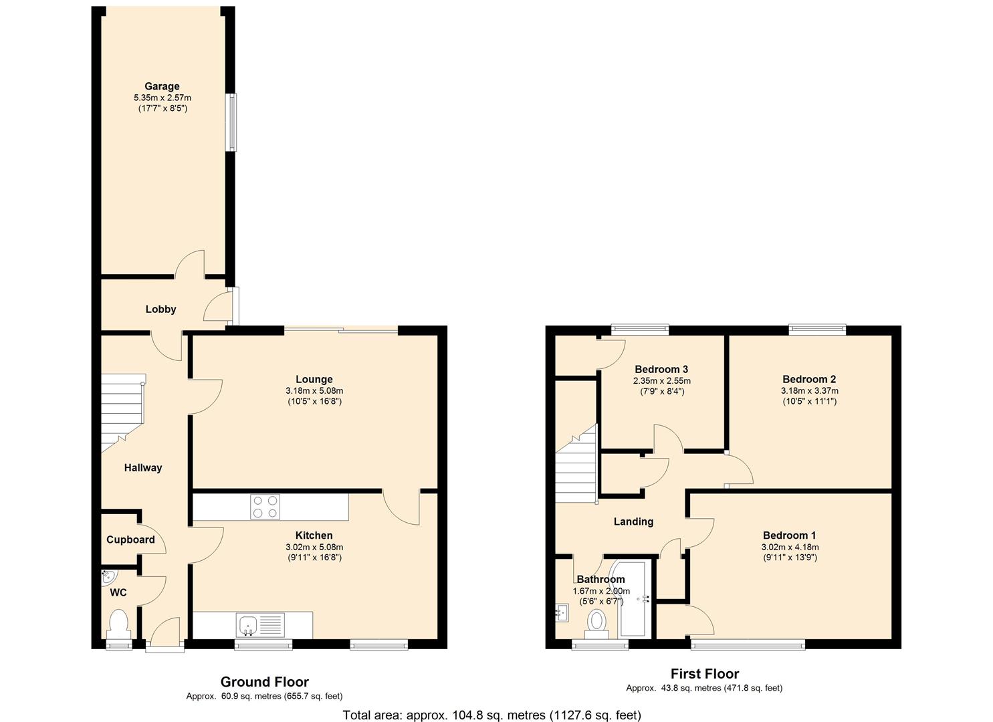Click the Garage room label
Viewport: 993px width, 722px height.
click(162, 86)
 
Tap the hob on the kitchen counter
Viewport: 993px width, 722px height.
click(265, 506)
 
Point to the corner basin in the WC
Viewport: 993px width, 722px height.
click(108, 577)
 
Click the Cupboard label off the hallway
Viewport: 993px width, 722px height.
click(130, 539)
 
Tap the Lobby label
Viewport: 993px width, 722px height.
click(160, 309)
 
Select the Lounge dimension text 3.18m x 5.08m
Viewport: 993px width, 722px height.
click(314, 390)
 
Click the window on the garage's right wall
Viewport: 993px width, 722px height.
click(231, 122)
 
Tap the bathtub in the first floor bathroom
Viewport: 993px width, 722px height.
click(631, 598)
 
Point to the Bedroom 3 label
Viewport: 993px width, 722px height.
click(661, 369)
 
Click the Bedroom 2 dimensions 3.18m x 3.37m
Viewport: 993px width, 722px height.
click(809, 390)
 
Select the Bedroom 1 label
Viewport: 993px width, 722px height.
click(789, 535)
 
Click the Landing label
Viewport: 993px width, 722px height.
click(633, 521)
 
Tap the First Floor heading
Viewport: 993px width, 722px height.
click(704, 673)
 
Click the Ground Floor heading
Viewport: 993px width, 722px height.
click(265, 681)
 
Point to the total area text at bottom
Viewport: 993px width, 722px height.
click(491, 715)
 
